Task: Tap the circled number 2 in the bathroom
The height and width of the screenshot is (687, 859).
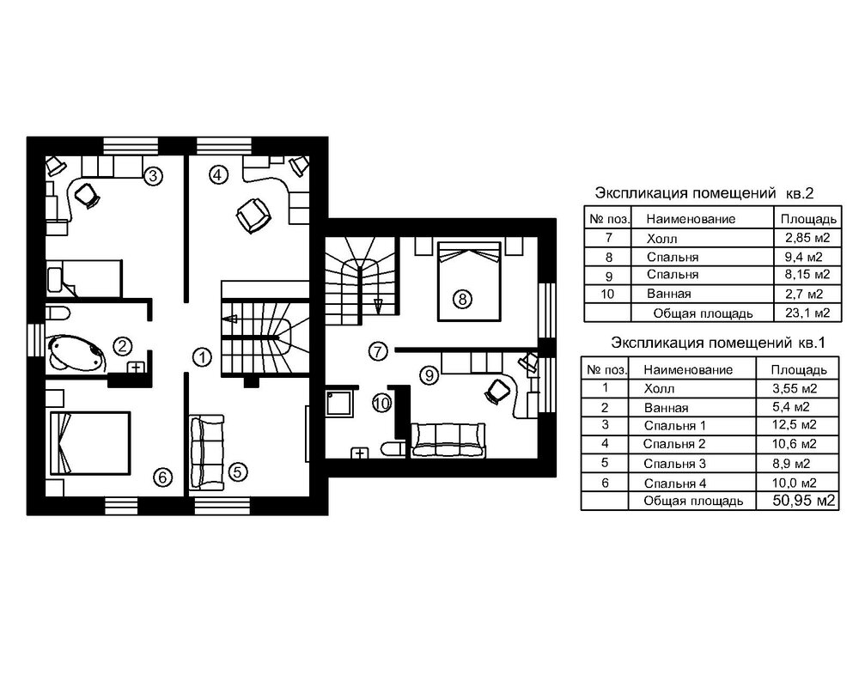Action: coord(124,347)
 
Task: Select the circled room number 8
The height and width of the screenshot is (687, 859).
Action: coord(462,300)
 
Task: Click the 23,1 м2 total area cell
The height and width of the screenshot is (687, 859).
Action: coord(801,312)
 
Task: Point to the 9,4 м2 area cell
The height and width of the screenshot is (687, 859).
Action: coord(801,256)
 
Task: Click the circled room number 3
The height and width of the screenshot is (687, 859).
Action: coord(152,177)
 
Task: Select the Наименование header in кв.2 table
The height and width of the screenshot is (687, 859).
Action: coord(691,219)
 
